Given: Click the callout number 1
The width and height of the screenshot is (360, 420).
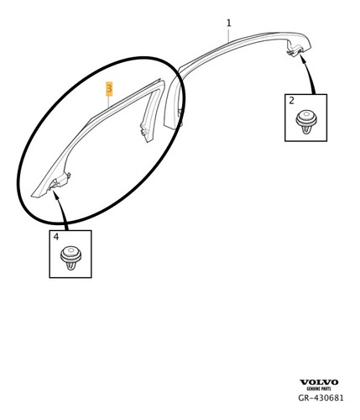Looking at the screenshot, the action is [x=229, y=23].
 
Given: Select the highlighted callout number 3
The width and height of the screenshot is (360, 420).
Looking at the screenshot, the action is [x=109, y=89].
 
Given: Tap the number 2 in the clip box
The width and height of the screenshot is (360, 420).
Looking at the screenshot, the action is [x=291, y=101].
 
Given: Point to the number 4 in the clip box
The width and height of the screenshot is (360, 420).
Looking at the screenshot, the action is [x=56, y=237].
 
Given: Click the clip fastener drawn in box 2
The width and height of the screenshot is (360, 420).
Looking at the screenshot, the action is [x=306, y=122].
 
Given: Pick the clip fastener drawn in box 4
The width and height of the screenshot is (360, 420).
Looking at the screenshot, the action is [x=70, y=258].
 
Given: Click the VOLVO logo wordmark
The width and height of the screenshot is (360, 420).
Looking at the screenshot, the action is [x=319, y=382].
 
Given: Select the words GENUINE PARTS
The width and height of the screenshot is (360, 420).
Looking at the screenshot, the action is [x=319, y=389].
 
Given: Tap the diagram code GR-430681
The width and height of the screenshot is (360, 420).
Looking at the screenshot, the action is [x=321, y=397].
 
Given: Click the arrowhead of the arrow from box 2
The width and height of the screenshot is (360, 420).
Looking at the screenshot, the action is [x=301, y=57].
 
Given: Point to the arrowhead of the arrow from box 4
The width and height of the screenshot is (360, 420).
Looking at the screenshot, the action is [x=55, y=195].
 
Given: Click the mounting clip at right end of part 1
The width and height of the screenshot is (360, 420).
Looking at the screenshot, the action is [x=294, y=51].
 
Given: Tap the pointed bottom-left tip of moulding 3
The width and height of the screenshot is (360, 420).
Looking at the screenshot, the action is [x=32, y=196].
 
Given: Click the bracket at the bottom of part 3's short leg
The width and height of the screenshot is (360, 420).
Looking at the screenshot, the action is [x=145, y=132].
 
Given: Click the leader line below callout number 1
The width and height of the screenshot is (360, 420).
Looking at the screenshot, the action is [x=229, y=35].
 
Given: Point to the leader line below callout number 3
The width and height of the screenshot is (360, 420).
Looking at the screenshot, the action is [x=109, y=102].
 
